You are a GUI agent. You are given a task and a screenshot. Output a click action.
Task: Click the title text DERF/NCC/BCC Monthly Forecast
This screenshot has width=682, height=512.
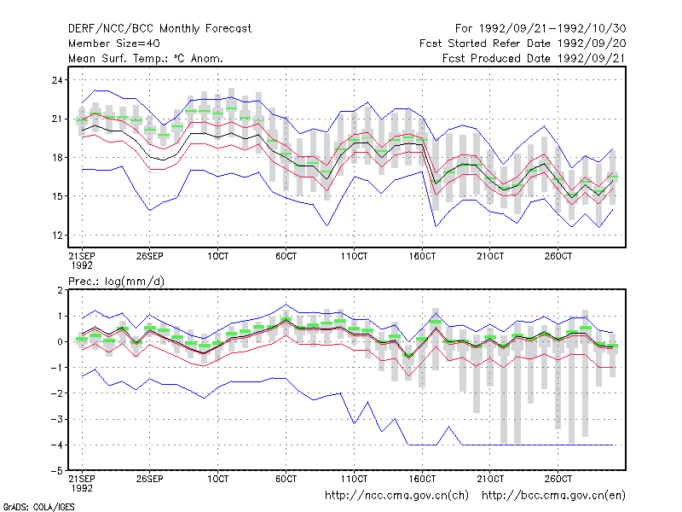point(159,29)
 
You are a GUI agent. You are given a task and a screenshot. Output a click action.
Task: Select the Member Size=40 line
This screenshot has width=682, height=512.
point(114,44)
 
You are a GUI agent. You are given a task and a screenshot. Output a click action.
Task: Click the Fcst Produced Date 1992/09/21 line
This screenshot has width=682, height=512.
point(534,58)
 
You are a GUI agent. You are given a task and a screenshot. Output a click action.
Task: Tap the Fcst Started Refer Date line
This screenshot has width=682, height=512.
point(523,44)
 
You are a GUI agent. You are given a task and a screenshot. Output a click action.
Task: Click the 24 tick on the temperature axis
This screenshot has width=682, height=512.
point(57,80)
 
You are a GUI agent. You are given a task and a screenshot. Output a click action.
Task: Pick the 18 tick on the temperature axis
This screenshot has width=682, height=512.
point(57,158)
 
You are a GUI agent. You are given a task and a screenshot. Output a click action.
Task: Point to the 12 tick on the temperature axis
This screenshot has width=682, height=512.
point(57,236)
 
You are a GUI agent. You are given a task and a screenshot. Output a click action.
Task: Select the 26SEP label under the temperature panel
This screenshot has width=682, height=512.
point(150,256)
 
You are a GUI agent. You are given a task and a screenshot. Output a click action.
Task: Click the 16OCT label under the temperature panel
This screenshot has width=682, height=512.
point(422,256)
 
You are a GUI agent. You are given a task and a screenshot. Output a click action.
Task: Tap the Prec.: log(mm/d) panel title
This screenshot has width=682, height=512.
point(117,282)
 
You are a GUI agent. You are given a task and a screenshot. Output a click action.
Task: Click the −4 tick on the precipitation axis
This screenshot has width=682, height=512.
point(56,445)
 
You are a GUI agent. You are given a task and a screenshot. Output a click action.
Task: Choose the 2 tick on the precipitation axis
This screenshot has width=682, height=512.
point(60,290)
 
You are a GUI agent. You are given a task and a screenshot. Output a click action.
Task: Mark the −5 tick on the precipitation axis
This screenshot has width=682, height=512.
point(56,471)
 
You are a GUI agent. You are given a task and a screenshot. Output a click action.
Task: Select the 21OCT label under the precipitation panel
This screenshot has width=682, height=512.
point(490,479)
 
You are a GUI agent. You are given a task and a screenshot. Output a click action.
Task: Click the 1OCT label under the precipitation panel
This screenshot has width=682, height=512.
point(217,479)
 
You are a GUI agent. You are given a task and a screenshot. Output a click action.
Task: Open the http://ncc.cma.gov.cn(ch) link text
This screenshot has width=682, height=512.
point(397,496)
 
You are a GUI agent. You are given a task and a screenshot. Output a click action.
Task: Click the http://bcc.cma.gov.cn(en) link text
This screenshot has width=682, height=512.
point(553,496)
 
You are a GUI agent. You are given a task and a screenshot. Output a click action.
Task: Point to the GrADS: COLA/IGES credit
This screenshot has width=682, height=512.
point(39,507)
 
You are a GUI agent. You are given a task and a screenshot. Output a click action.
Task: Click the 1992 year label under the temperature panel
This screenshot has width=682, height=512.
point(82,265)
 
